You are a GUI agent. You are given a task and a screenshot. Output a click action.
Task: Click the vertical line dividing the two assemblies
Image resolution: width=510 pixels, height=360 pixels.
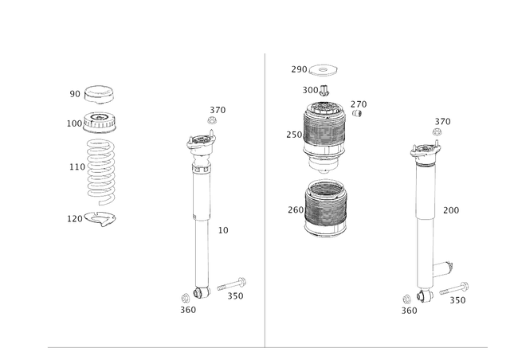pyautogui.click(x=264, y=199)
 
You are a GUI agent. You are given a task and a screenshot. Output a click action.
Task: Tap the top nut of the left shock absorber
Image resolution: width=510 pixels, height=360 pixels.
pyautogui.click(x=211, y=119)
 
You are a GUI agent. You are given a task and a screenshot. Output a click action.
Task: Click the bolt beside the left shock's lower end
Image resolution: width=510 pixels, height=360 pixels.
pyautogui.click(x=232, y=284)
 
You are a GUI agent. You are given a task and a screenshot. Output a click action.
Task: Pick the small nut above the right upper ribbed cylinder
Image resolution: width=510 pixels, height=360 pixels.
pyautogui.click(x=323, y=89)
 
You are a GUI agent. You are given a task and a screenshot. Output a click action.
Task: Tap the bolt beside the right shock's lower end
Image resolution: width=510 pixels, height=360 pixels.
pyautogui.click(x=454, y=288)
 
